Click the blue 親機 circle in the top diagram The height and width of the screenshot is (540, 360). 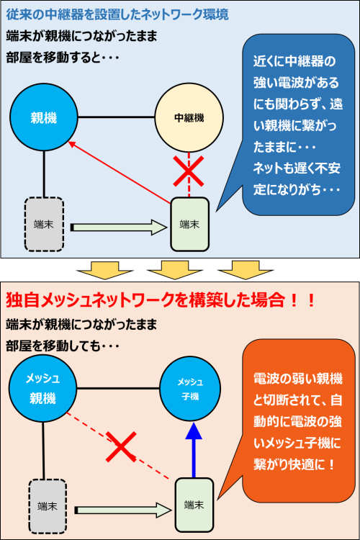click(x=44, y=117)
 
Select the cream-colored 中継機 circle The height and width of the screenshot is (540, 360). click(x=189, y=117)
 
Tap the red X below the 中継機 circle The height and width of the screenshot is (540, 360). click(x=189, y=171)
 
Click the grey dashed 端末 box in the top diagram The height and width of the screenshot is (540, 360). click(x=44, y=224)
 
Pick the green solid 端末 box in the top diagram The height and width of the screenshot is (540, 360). click(x=190, y=224)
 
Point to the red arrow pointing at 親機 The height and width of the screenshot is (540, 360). click(x=120, y=172)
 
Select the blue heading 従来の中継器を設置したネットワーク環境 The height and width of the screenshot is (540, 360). click(x=117, y=14)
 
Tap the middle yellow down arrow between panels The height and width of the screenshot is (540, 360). click(x=175, y=270)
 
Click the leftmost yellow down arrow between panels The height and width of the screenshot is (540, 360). click(x=104, y=270)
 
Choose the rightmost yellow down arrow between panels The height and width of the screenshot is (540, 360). click(x=246, y=270)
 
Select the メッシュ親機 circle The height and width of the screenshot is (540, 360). click(x=42, y=389)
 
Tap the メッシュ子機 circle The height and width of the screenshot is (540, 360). click(x=190, y=389)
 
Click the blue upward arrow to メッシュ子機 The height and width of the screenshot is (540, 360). click(x=194, y=450)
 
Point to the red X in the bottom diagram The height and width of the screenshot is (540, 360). click(x=121, y=446)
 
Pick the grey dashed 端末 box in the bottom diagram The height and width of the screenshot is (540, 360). click(x=48, y=506)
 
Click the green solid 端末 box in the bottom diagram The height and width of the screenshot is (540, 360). click(x=194, y=505)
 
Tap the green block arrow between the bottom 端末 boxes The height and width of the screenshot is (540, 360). click(x=123, y=510)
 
